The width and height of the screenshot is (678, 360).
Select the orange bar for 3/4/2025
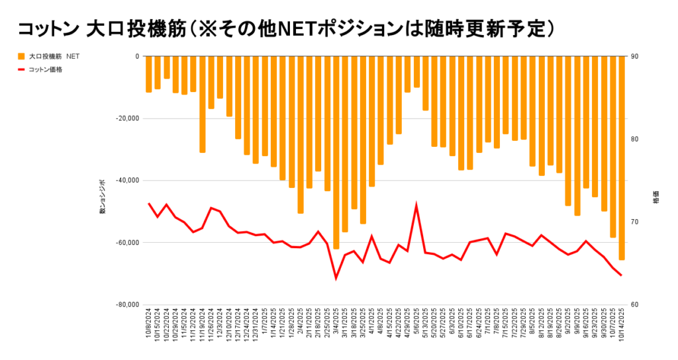tap(336, 152)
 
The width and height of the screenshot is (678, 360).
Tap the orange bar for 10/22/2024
tap(167, 67)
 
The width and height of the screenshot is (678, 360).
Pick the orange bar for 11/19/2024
tap(203, 105)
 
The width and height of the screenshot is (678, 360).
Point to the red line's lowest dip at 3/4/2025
tap(336, 278)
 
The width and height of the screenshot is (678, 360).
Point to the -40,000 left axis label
tap(126, 181)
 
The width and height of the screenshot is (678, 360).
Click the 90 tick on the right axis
tap(635, 56)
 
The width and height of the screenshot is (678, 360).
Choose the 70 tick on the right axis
tap(635, 222)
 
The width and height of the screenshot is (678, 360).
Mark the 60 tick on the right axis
tap(635, 304)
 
